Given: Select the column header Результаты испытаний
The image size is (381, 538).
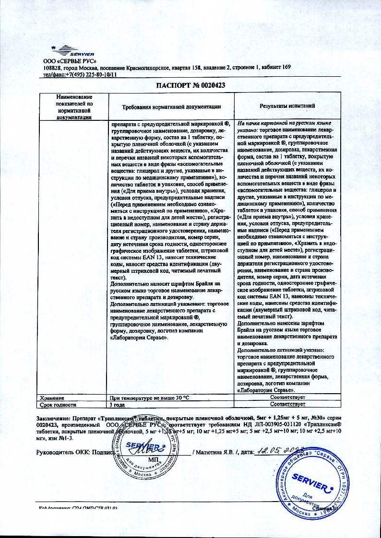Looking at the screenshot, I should (287, 105).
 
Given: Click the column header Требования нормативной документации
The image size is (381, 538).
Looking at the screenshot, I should (171, 106).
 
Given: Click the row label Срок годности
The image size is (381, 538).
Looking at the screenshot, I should (57, 405).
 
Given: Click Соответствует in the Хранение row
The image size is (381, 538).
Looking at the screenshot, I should (287, 398).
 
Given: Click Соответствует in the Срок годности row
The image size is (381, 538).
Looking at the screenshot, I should (287, 405).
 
